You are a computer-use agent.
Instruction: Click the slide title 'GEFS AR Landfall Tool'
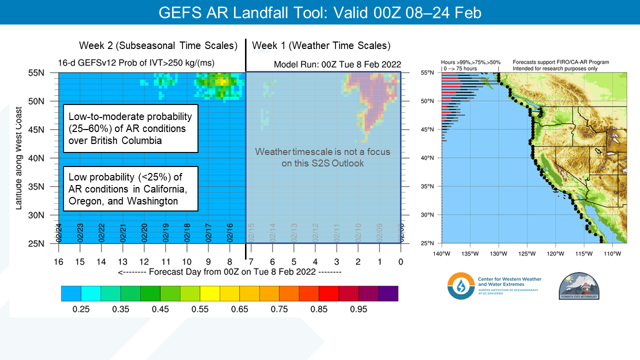pyautogui.click(x=319, y=12)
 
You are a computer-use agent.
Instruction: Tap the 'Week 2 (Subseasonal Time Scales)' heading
pyautogui.click(x=158, y=45)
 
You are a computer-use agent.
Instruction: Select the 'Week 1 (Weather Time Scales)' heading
pyautogui.click(x=321, y=45)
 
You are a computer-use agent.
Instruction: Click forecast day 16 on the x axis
pyautogui.click(x=59, y=261)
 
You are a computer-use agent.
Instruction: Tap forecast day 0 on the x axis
pyautogui.click(x=400, y=261)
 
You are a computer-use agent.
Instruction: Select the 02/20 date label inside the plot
pyautogui.click(x=144, y=232)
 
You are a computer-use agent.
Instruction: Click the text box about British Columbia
pyautogui.click(x=130, y=128)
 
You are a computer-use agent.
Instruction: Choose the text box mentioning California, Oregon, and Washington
pyautogui.click(x=130, y=189)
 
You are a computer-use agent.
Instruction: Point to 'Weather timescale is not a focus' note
pyautogui.click(x=322, y=157)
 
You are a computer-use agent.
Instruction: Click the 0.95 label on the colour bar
pyautogui.click(x=358, y=309)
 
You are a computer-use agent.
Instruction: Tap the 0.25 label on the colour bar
pyautogui.click(x=81, y=309)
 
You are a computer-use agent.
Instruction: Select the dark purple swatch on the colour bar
pyautogui.click(x=388, y=293)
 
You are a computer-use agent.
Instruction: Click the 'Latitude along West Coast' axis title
pyautogui.click(x=19, y=158)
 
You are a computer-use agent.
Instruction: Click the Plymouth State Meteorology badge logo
pyautogui.click(x=578, y=286)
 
